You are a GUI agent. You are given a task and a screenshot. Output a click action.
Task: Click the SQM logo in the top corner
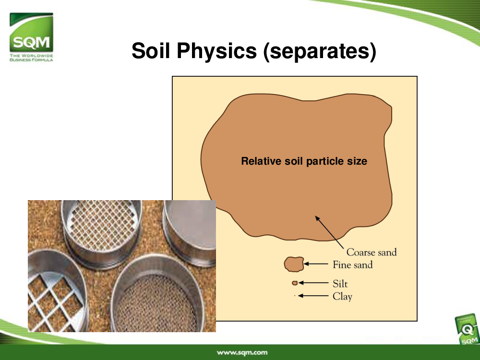point(31,37)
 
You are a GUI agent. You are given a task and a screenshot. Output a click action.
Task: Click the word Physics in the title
point(217,50)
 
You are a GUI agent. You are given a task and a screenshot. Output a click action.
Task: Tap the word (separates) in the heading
point(320,51)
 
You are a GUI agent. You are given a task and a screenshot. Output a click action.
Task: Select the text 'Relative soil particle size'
point(304,161)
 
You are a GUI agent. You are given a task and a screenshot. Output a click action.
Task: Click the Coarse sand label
point(372,252)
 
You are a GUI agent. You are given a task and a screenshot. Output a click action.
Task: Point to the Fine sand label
point(353,264)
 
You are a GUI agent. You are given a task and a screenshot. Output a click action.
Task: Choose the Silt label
point(340,284)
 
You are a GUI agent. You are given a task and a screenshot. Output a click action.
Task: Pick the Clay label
point(343,296)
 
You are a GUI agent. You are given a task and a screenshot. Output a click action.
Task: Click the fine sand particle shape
point(294,264)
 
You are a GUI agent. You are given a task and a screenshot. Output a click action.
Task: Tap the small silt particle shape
point(295,283)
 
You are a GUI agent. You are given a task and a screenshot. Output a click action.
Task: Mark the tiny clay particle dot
point(295,296)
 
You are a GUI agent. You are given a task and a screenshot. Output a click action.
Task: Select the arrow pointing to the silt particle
point(313,283)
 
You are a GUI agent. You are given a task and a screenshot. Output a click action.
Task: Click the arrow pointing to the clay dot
point(313,296)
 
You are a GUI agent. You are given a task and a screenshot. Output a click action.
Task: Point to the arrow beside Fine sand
point(316,264)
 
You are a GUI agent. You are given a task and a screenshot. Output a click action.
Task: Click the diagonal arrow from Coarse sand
point(329,232)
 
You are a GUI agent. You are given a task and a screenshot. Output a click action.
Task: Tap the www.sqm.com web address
point(242,352)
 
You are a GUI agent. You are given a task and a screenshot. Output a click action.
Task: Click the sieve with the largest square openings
point(55,291)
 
